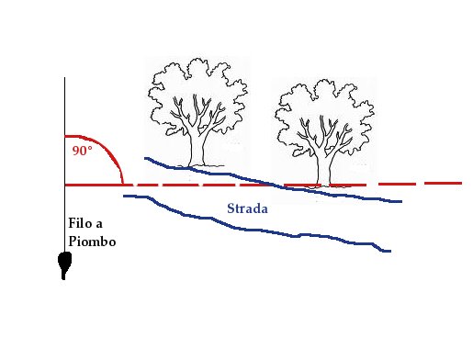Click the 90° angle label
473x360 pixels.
click(82, 151)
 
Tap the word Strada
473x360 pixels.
click(247, 208)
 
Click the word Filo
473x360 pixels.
click(81, 223)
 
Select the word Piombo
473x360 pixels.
click(92, 242)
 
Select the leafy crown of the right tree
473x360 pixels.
click(324, 113)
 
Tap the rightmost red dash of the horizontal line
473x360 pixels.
click(443, 183)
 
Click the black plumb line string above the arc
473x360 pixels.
click(64, 106)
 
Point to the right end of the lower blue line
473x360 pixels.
click(390, 251)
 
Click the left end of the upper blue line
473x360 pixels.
click(145, 158)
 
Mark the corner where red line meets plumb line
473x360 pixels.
click(65, 185)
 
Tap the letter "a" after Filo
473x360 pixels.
click(99, 225)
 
